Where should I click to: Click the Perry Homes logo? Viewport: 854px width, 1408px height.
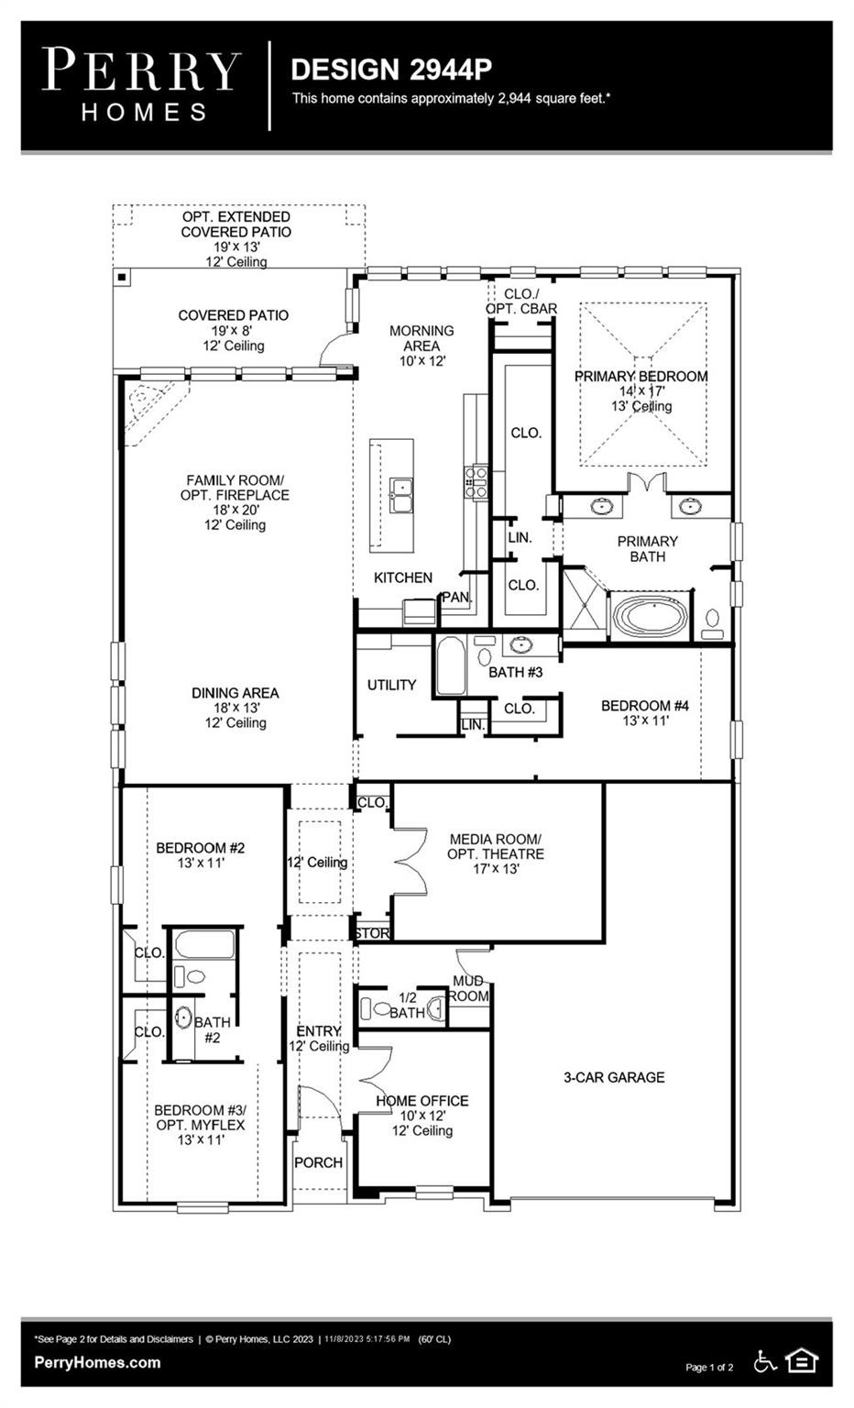(x=142, y=84)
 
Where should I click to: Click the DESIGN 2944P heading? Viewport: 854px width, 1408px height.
(x=391, y=70)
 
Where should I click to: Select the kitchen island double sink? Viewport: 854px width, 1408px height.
(x=400, y=495)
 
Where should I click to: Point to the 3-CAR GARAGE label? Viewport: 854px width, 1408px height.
(x=614, y=1077)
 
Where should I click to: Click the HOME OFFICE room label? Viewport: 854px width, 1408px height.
(x=422, y=1100)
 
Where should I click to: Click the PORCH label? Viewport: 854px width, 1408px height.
(x=318, y=1162)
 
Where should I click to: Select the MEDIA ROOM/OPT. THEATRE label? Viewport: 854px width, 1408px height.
(x=495, y=846)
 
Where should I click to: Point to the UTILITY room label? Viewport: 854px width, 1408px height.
(x=391, y=685)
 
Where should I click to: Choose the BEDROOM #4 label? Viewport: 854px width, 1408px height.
(x=644, y=706)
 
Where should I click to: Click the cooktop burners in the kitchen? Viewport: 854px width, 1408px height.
(x=476, y=482)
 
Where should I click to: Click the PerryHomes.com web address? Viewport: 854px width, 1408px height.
(x=97, y=1362)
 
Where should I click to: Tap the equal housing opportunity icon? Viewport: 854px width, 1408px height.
(x=802, y=1361)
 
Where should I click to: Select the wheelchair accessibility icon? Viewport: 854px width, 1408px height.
(x=765, y=1362)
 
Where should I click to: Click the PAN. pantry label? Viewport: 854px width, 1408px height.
(x=456, y=598)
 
